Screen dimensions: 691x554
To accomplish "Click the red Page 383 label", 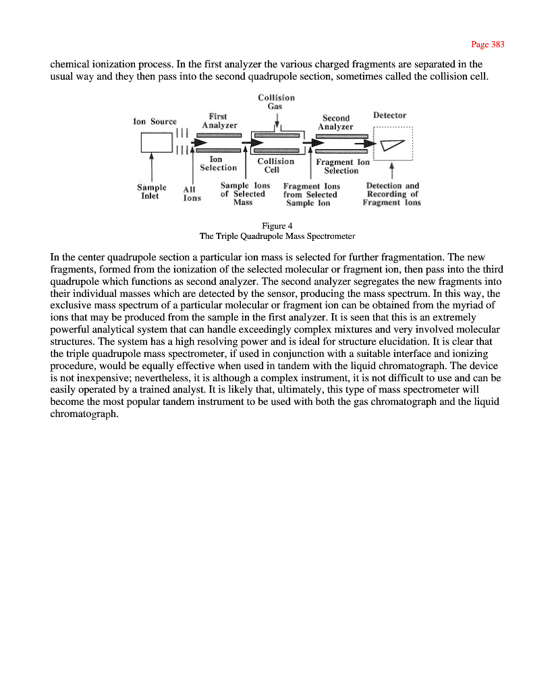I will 487,45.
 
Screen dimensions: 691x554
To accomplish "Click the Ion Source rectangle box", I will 157,142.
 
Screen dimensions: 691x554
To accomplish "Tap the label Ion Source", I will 155,121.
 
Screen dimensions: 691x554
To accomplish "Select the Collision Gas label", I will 276,102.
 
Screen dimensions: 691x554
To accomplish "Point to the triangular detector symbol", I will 392,146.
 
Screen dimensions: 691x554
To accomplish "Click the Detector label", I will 389,115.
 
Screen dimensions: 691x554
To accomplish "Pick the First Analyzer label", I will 219,121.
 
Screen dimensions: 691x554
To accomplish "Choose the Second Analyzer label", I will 335,122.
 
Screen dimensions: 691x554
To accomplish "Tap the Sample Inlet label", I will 151,192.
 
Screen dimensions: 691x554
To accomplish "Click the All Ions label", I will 192,194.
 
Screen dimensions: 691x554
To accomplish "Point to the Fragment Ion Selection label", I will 342,166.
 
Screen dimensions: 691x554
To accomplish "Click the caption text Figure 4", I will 277,225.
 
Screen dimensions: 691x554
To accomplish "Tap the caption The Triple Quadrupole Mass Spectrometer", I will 277,236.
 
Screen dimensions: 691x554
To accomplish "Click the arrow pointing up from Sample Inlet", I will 151,166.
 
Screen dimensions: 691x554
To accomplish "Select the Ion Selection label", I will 218,163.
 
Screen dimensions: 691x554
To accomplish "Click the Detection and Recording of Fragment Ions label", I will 392,194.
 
